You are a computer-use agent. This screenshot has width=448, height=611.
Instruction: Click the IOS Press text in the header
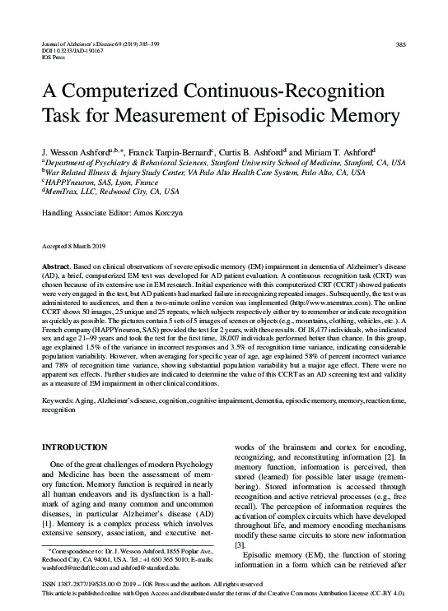(54, 58)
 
